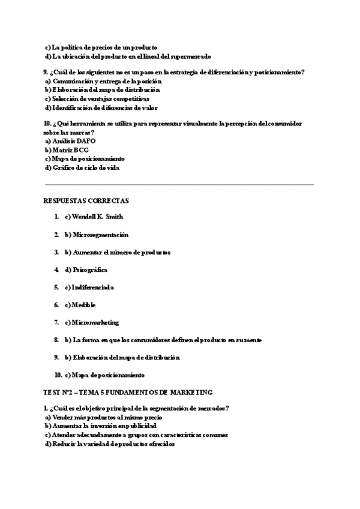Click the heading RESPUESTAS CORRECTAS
86,200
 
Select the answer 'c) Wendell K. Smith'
94,217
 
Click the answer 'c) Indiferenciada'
89,288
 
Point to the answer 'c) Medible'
80,305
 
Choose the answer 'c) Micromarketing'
92,322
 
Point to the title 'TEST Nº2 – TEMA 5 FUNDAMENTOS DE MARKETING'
128,392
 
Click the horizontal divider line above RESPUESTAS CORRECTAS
179,185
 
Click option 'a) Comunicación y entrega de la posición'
103,80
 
